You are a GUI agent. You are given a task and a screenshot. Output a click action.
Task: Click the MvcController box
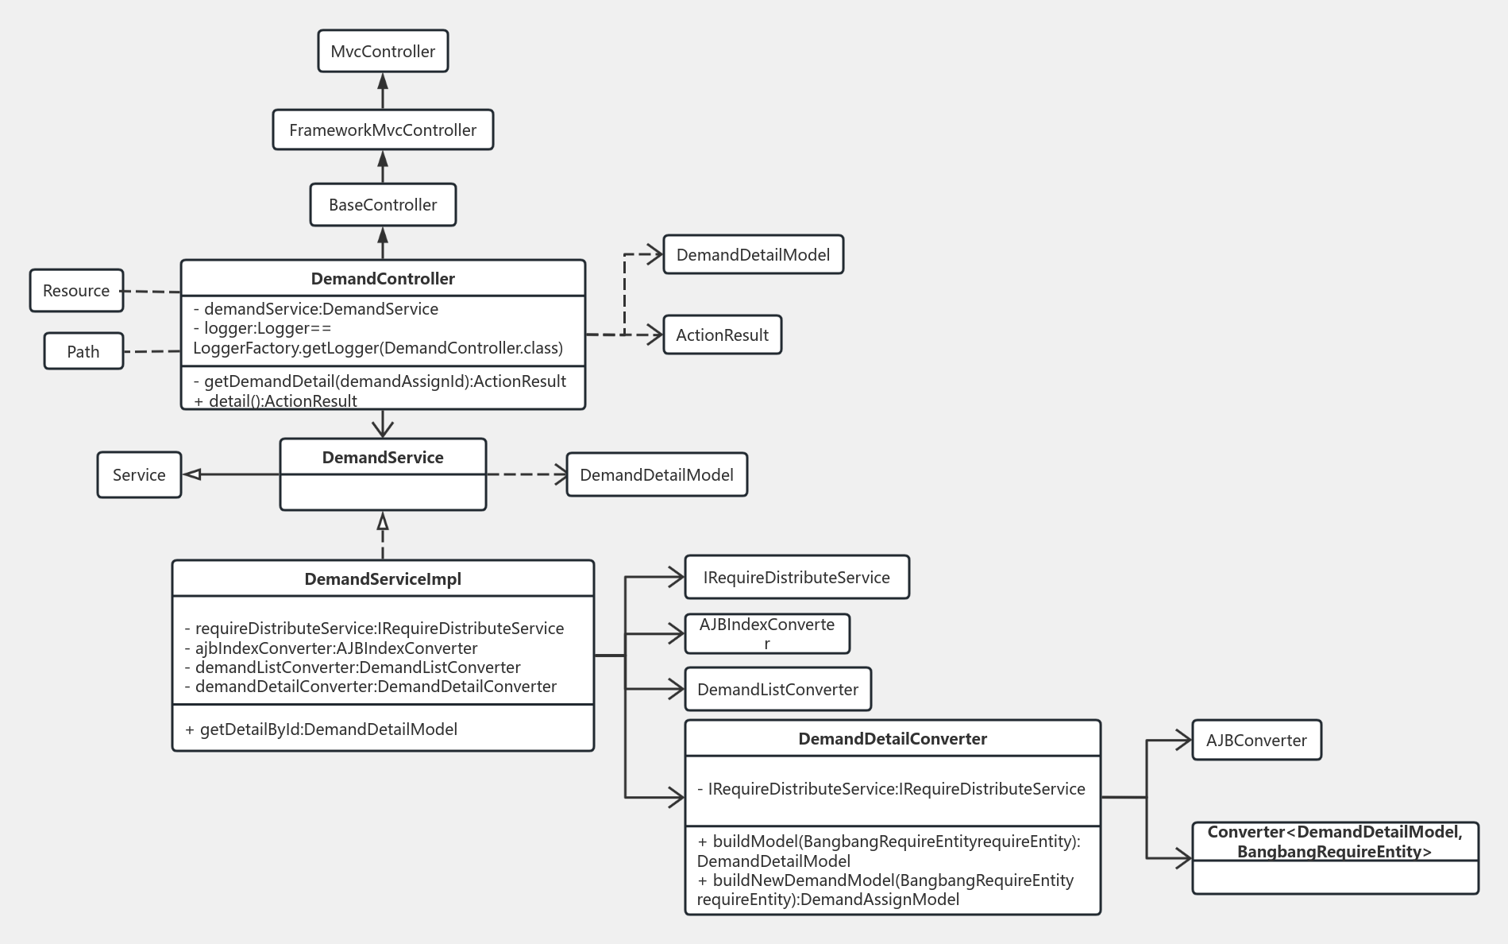pyautogui.click(x=383, y=52)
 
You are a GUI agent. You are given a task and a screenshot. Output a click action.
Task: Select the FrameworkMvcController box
pyautogui.click(x=383, y=130)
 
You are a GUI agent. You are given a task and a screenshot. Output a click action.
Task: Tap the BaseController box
pyautogui.click(x=383, y=205)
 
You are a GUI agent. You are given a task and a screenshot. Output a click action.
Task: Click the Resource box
pyautogui.click(x=76, y=291)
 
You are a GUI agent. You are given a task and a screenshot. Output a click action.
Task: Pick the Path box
pyautogui.click(x=83, y=352)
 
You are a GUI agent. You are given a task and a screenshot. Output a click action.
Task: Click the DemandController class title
pyautogui.click(x=383, y=279)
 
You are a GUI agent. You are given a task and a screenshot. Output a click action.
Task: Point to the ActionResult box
pyautogui.click(x=722, y=335)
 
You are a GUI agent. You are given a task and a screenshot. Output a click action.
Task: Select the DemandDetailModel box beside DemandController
pyautogui.click(x=753, y=255)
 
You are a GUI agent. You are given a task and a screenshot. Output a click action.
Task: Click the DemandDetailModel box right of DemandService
pyautogui.click(x=657, y=475)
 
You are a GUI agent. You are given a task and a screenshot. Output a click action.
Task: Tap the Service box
pyautogui.click(x=139, y=475)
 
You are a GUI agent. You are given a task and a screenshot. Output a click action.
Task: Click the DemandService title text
pyautogui.click(x=383, y=458)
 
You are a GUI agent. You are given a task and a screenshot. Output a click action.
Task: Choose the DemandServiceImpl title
pyautogui.click(x=383, y=579)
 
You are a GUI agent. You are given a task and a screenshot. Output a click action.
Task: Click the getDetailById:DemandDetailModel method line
pyautogui.click(x=321, y=729)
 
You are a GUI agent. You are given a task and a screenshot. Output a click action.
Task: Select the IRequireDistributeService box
pyautogui.click(x=796, y=578)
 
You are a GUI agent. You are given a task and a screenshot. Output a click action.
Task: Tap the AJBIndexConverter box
pyautogui.click(x=767, y=633)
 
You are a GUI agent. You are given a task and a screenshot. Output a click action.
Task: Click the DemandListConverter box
pyautogui.click(x=777, y=690)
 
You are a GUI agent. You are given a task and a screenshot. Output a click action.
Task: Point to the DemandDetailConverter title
pyautogui.click(x=893, y=739)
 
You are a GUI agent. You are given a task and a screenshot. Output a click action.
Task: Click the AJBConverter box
pyautogui.click(x=1256, y=741)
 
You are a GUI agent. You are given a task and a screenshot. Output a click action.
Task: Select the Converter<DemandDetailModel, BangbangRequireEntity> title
pyautogui.click(x=1335, y=842)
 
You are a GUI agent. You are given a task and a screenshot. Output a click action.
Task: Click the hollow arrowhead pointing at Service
pyautogui.click(x=191, y=475)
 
